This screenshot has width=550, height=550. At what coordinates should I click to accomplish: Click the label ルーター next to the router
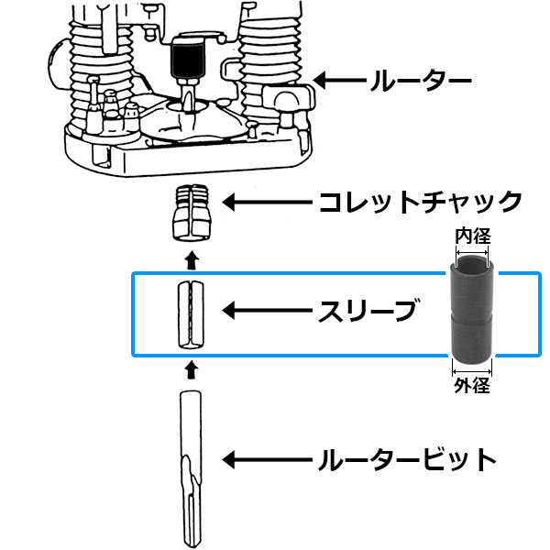[x=421, y=81]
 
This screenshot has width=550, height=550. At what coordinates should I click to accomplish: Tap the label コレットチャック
[x=421, y=203]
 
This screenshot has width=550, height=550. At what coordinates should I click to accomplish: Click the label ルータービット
[x=407, y=459]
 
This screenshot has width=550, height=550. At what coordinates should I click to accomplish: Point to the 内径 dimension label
[x=472, y=236]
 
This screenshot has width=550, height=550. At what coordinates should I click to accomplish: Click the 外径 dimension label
[x=472, y=386]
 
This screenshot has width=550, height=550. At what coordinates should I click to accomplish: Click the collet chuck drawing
[x=192, y=213]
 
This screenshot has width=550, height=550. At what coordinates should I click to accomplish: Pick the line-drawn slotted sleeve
[x=191, y=314]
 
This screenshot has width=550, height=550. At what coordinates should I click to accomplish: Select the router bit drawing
[x=192, y=469]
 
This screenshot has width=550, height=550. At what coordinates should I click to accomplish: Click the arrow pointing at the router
[x=339, y=81]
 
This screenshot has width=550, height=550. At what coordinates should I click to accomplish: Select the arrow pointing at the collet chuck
[x=268, y=203]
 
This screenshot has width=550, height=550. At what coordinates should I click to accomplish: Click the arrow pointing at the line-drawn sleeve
[x=268, y=311]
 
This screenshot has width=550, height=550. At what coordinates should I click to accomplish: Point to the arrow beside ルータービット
[x=268, y=459]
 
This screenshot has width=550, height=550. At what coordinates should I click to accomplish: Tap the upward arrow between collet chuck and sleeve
[x=192, y=259]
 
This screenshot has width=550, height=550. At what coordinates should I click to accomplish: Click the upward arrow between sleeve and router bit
[x=192, y=369]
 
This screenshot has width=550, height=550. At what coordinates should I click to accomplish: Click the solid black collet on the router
[x=187, y=59]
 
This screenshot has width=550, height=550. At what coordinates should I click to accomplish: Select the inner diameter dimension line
[x=472, y=252]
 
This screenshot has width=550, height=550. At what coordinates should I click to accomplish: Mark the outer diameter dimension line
[x=472, y=372]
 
